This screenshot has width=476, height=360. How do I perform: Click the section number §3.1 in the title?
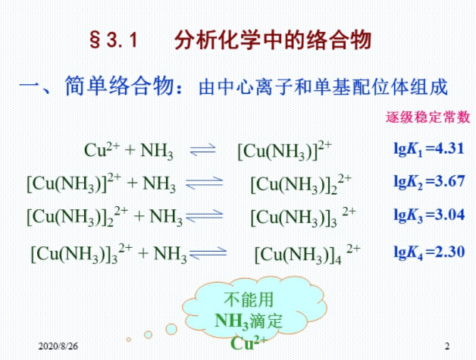(113, 40)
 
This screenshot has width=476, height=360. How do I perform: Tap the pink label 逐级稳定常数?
(427, 117)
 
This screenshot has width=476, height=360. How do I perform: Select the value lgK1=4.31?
(429, 149)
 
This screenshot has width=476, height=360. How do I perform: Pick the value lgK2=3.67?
(429, 182)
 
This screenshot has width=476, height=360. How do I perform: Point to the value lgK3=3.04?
(429, 214)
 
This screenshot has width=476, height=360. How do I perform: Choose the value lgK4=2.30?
(429, 252)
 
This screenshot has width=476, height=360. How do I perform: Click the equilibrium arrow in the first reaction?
(202, 149)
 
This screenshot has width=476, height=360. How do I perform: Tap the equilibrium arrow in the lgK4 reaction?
(208, 253)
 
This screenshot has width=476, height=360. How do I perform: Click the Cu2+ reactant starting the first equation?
(102, 149)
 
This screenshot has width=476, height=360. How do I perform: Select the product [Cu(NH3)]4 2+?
(307, 254)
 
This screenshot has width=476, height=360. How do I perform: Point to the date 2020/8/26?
(58, 346)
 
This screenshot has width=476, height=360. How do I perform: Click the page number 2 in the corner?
(447, 346)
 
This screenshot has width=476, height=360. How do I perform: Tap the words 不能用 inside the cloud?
(249, 299)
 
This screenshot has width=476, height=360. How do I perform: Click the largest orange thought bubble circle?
(171, 329)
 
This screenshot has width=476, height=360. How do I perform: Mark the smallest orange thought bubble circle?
(129, 340)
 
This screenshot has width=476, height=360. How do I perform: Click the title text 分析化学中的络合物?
(273, 40)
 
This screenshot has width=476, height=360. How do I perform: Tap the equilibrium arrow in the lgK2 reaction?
(205, 183)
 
